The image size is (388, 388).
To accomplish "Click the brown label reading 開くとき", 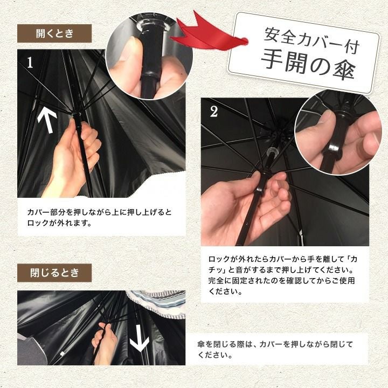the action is click(x=54, y=33).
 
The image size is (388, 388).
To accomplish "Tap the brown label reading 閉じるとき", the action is click(x=54, y=273).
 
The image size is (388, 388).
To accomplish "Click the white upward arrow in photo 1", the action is click(x=47, y=121).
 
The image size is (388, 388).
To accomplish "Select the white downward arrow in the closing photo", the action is click(x=140, y=338).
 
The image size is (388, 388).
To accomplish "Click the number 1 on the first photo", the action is click(x=30, y=63).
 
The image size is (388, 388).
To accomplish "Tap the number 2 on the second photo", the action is click(x=214, y=112).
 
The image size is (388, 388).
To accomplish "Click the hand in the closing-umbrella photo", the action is click(x=104, y=344).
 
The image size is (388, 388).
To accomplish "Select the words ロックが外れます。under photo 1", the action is click(x=59, y=223).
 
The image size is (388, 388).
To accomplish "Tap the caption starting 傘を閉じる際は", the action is click(x=275, y=349).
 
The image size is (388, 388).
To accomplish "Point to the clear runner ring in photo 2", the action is click(x=272, y=151).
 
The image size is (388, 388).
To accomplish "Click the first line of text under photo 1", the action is click(x=99, y=212).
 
